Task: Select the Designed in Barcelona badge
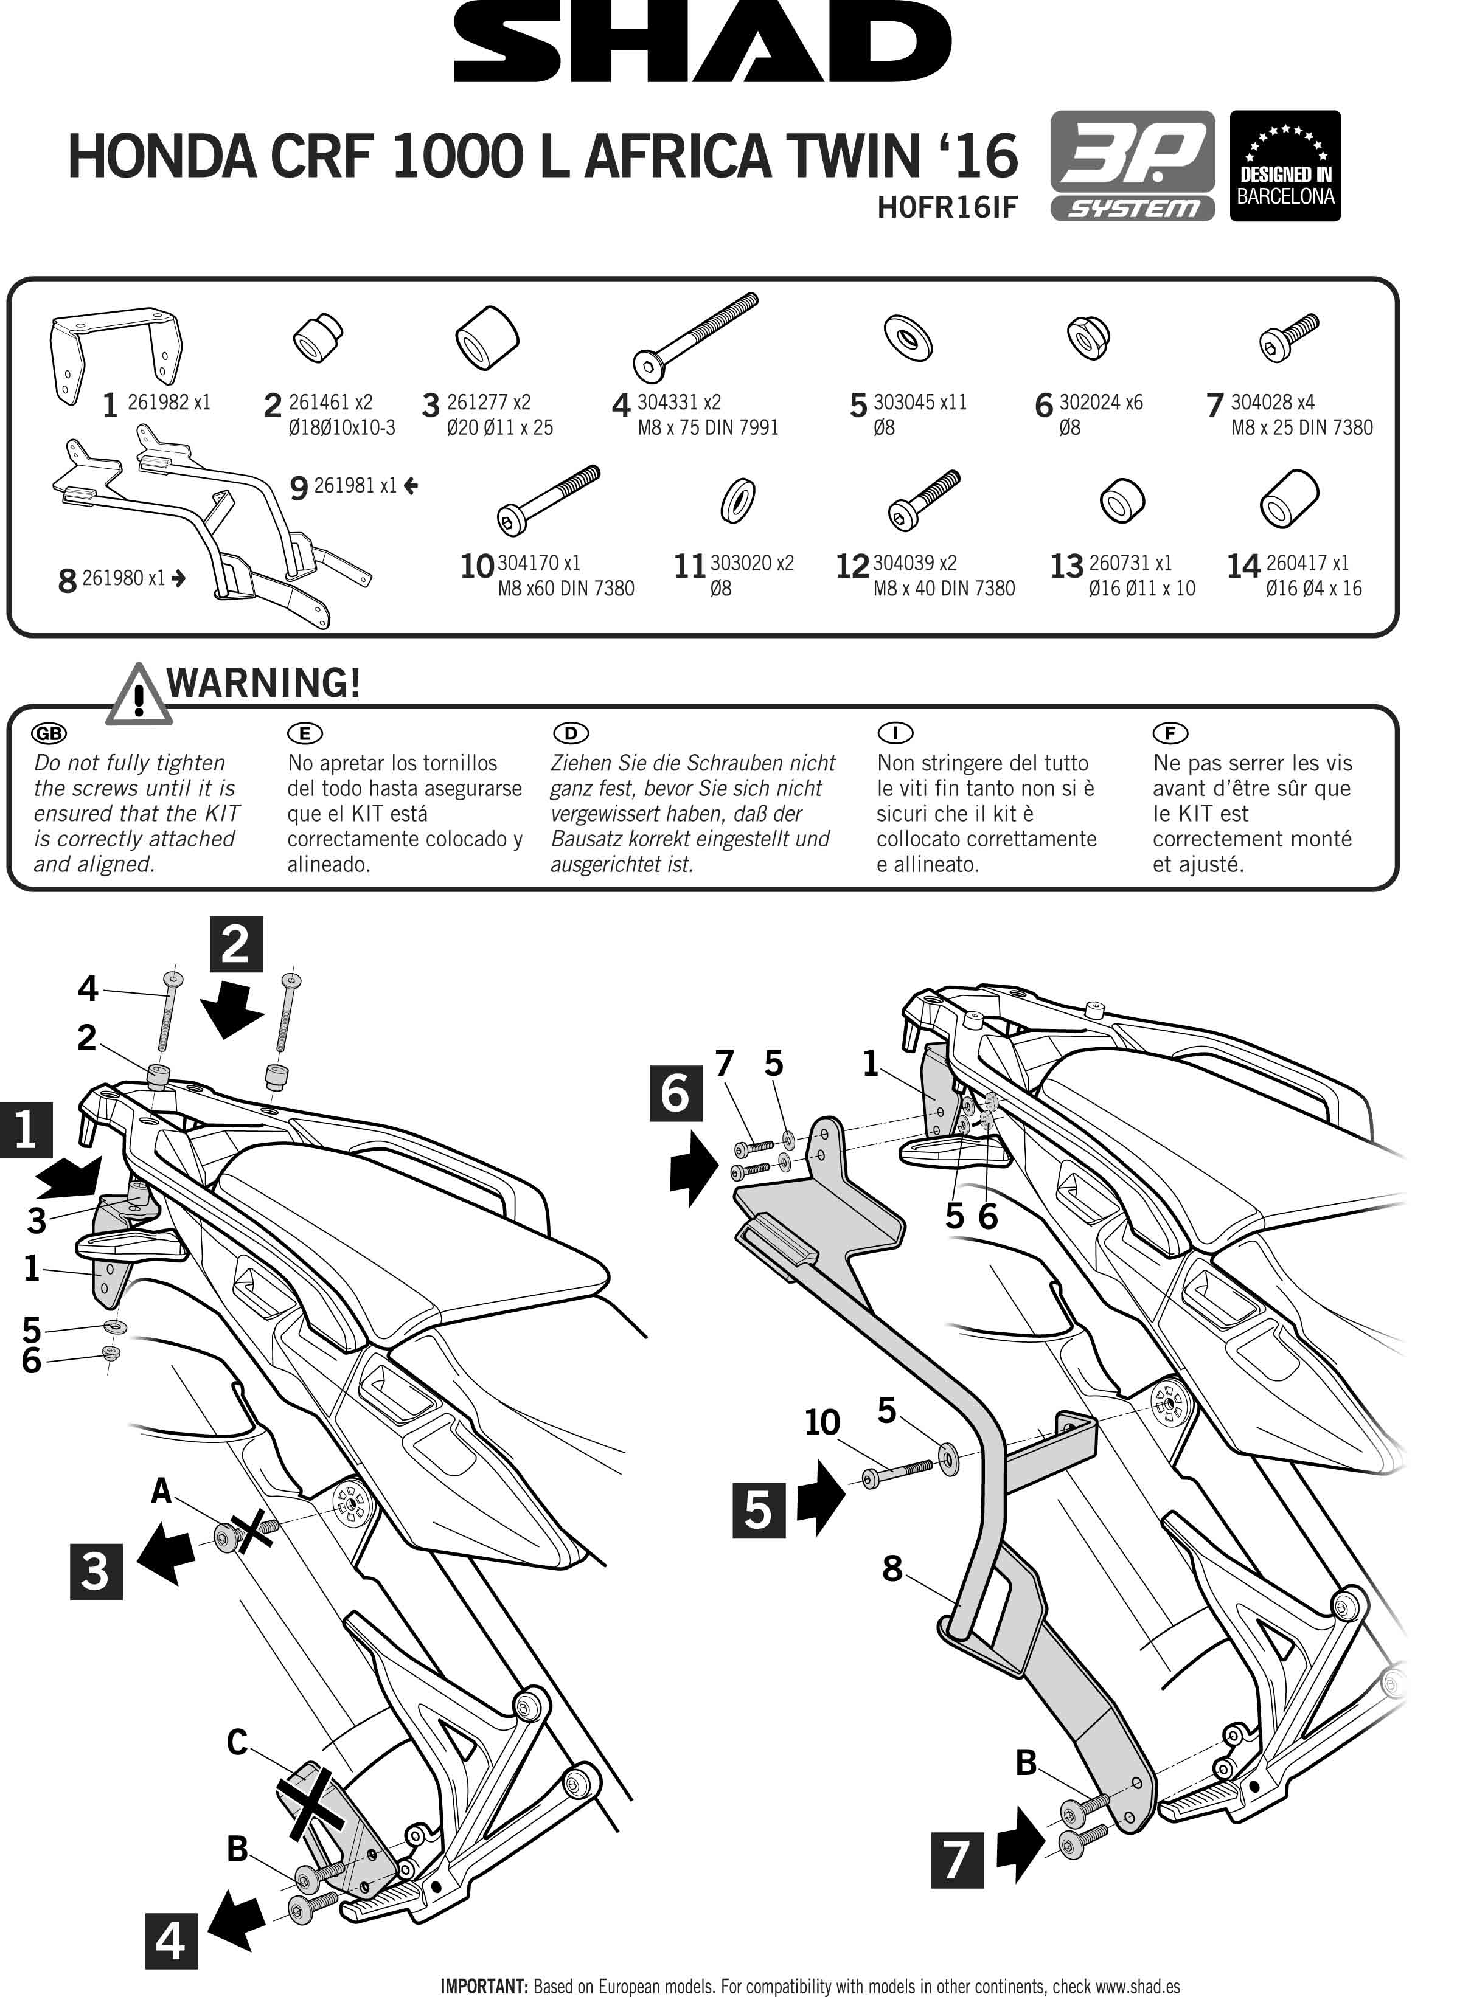[x=1285, y=166]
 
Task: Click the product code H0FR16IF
[x=947, y=207]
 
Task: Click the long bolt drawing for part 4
[x=695, y=337]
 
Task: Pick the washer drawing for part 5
[x=908, y=337]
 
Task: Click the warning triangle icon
[x=137, y=695]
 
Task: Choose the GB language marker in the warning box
[x=49, y=733]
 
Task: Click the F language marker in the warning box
[x=1170, y=733]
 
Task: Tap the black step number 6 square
[x=676, y=1093]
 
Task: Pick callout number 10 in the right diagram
[x=822, y=1422]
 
